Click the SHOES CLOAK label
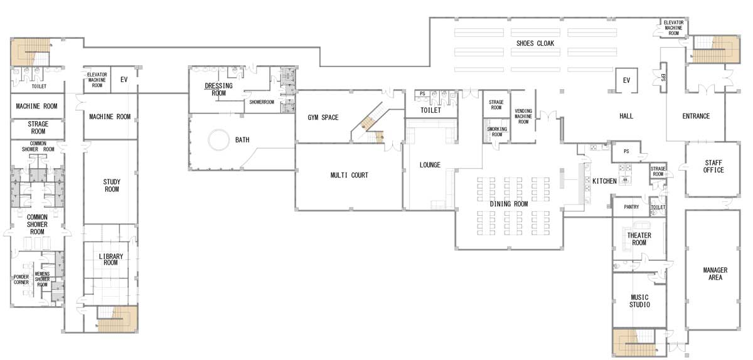535,43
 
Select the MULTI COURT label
350,175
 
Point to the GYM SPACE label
323,117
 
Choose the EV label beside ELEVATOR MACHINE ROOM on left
124,80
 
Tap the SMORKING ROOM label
497,132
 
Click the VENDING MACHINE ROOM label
523,116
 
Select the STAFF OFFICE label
713,166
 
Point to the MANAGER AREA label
715,273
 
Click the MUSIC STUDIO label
639,301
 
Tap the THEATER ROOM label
639,239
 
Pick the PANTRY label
631,207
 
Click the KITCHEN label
604,181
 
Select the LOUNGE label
430,165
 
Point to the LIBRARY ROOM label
111,260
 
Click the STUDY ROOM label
112,186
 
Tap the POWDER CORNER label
21,280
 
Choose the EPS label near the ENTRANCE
663,77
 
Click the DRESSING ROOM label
218,90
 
